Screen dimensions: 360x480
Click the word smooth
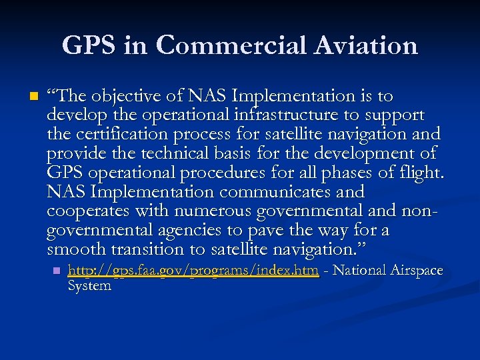[76, 250]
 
